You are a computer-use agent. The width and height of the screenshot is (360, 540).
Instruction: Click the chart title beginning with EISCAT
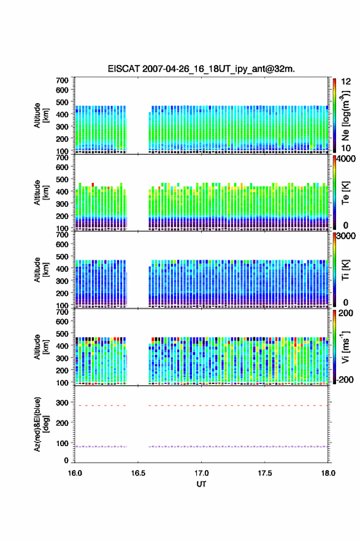click(201, 69)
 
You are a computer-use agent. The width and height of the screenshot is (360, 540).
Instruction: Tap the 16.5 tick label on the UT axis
click(138, 473)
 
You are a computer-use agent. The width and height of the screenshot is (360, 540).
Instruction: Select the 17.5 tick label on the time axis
click(265, 473)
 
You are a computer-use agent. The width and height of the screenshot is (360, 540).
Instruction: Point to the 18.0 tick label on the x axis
click(328, 473)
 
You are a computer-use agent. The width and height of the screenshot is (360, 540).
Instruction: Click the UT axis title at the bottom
click(201, 484)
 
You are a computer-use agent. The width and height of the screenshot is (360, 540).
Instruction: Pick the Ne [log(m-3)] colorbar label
click(346, 115)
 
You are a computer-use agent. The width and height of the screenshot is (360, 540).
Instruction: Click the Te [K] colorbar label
click(345, 193)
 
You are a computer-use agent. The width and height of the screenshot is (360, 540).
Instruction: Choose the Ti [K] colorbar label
click(345, 270)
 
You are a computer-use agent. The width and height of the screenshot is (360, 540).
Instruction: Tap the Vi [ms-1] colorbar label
click(345, 347)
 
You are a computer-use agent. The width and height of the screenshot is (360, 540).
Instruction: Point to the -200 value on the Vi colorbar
click(345, 380)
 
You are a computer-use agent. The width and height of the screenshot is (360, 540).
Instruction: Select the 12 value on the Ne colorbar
click(347, 82)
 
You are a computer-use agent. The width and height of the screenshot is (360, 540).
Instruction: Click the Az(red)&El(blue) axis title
click(41, 424)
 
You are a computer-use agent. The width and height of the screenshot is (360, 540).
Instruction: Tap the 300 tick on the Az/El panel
click(63, 403)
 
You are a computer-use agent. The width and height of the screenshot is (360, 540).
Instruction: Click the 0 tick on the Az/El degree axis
click(66, 460)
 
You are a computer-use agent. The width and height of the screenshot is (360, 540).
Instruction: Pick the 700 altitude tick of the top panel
click(63, 80)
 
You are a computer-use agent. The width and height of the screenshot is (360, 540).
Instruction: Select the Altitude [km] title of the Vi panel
click(41, 347)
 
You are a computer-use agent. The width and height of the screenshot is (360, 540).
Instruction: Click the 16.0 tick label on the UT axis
click(75, 473)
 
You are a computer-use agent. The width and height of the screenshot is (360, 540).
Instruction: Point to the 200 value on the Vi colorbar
click(345, 313)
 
